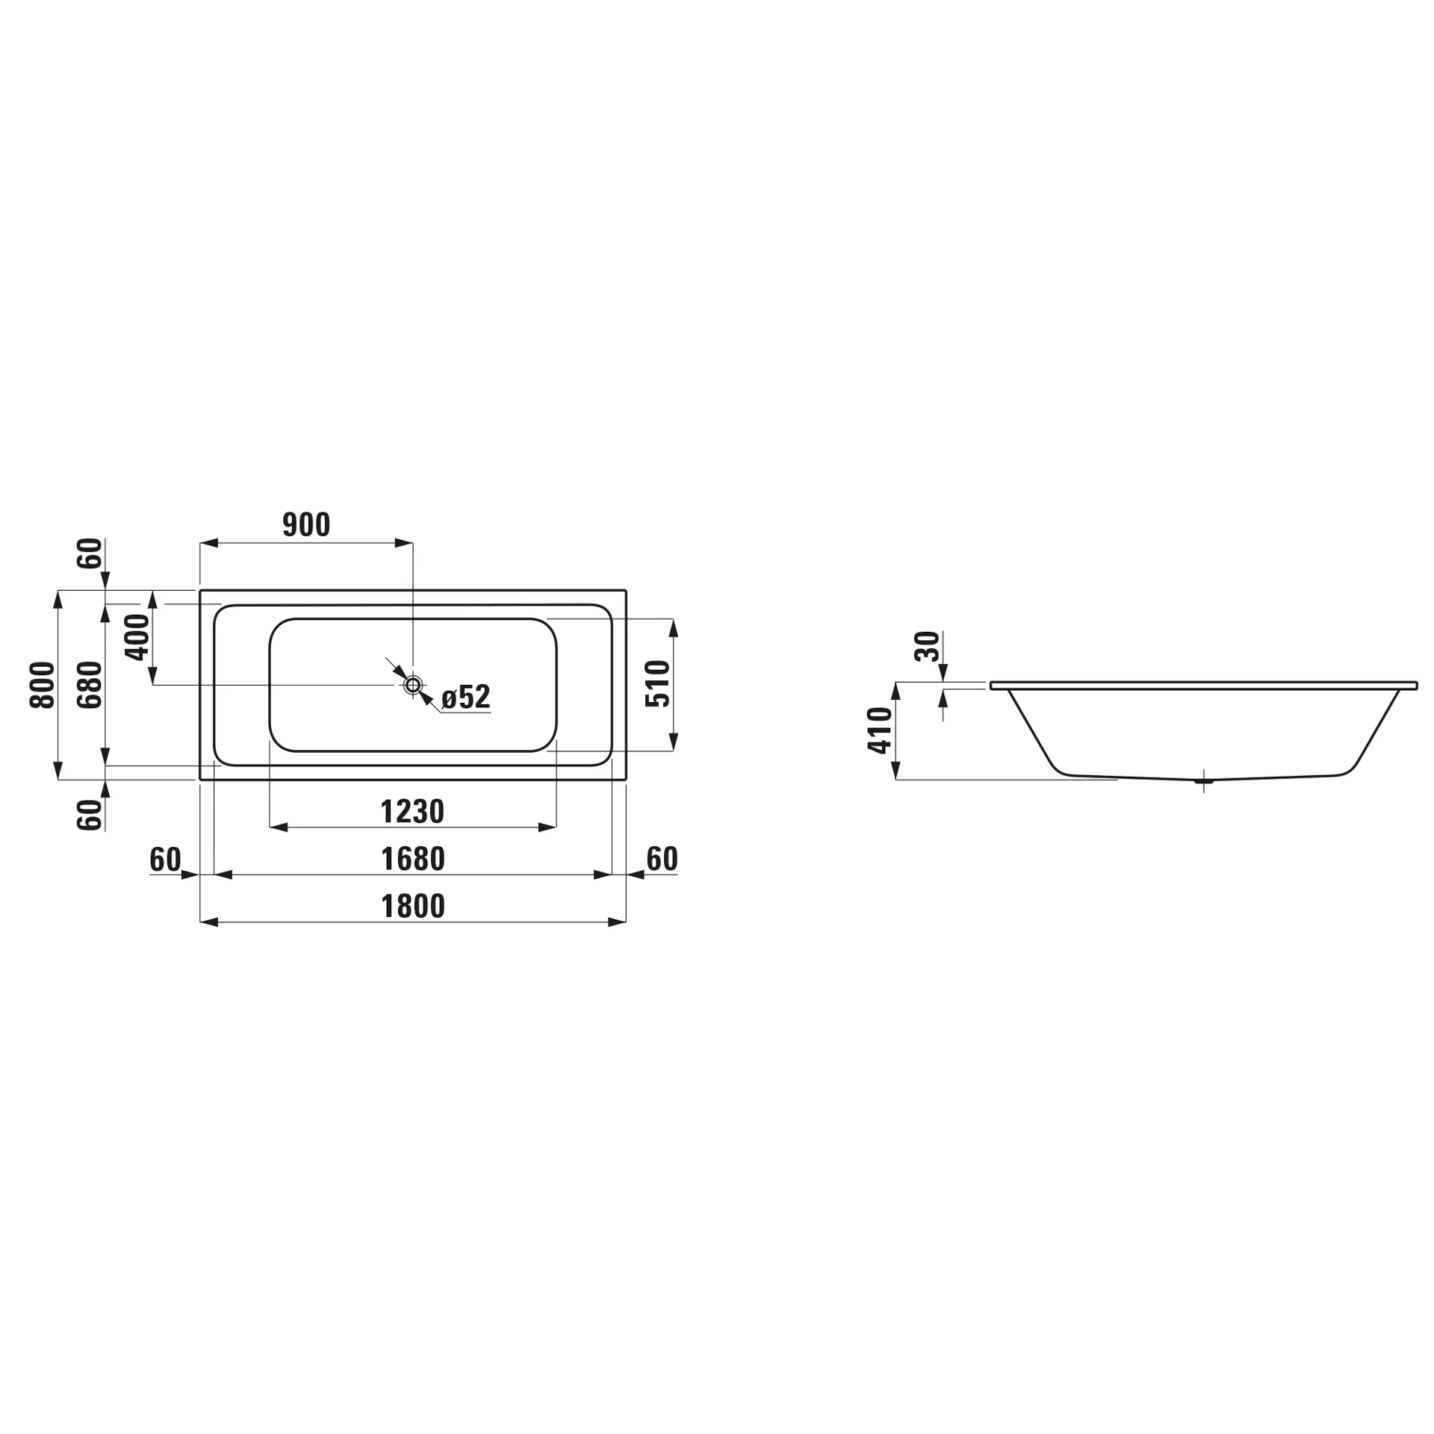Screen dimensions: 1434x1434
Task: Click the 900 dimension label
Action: (x=306, y=525)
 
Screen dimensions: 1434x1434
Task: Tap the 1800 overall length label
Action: (x=413, y=907)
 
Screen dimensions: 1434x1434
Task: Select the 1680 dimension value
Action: (x=413, y=860)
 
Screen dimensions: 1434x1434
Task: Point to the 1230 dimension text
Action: (x=412, y=812)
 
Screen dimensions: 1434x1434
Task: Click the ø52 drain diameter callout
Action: (x=465, y=697)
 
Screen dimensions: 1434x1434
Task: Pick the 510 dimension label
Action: (x=658, y=683)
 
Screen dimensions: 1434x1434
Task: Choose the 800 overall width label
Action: (x=43, y=685)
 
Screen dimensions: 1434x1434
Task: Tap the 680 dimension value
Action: (x=90, y=685)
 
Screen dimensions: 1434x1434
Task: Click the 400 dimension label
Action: (x=137, y=637)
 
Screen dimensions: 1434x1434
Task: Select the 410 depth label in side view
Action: (x=881, y=730)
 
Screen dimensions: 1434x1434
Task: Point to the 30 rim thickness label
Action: (x=927, y=646)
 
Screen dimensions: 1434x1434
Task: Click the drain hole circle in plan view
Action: (x=413, y=685)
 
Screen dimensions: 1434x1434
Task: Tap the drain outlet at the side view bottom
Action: (x=1204, y=781)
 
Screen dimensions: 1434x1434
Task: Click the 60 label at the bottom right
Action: (x=662, y=860)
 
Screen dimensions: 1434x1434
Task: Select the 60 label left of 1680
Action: (x=165, y=860)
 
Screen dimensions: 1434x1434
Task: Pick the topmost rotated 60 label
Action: (x=90, y=553)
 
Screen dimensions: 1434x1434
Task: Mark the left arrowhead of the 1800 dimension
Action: (x=209, y=922)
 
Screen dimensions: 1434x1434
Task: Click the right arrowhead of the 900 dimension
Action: (x=404, y=543)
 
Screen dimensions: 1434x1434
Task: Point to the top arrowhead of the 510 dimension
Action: (x=673, y=627)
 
